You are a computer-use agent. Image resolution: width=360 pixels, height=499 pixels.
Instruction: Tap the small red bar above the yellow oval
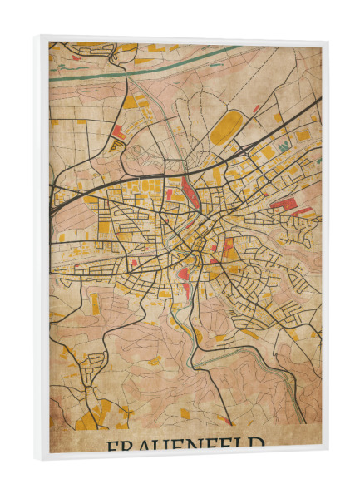click(256, 108)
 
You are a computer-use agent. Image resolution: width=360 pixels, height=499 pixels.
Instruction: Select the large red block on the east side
click(282, 203)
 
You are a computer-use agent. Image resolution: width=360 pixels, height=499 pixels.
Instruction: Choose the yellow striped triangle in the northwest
click(117, 144)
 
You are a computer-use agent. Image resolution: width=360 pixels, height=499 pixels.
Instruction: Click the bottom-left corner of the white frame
click(36, 457)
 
